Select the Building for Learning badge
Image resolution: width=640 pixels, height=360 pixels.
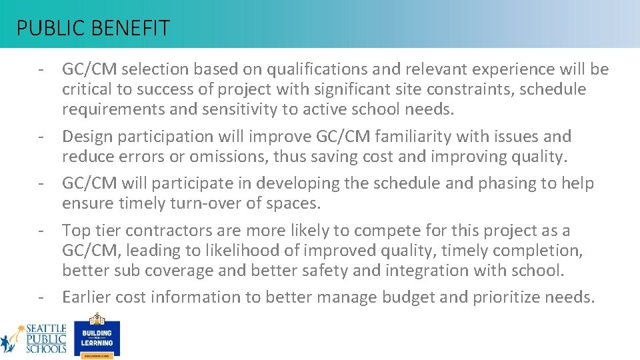tap(97, 335)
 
